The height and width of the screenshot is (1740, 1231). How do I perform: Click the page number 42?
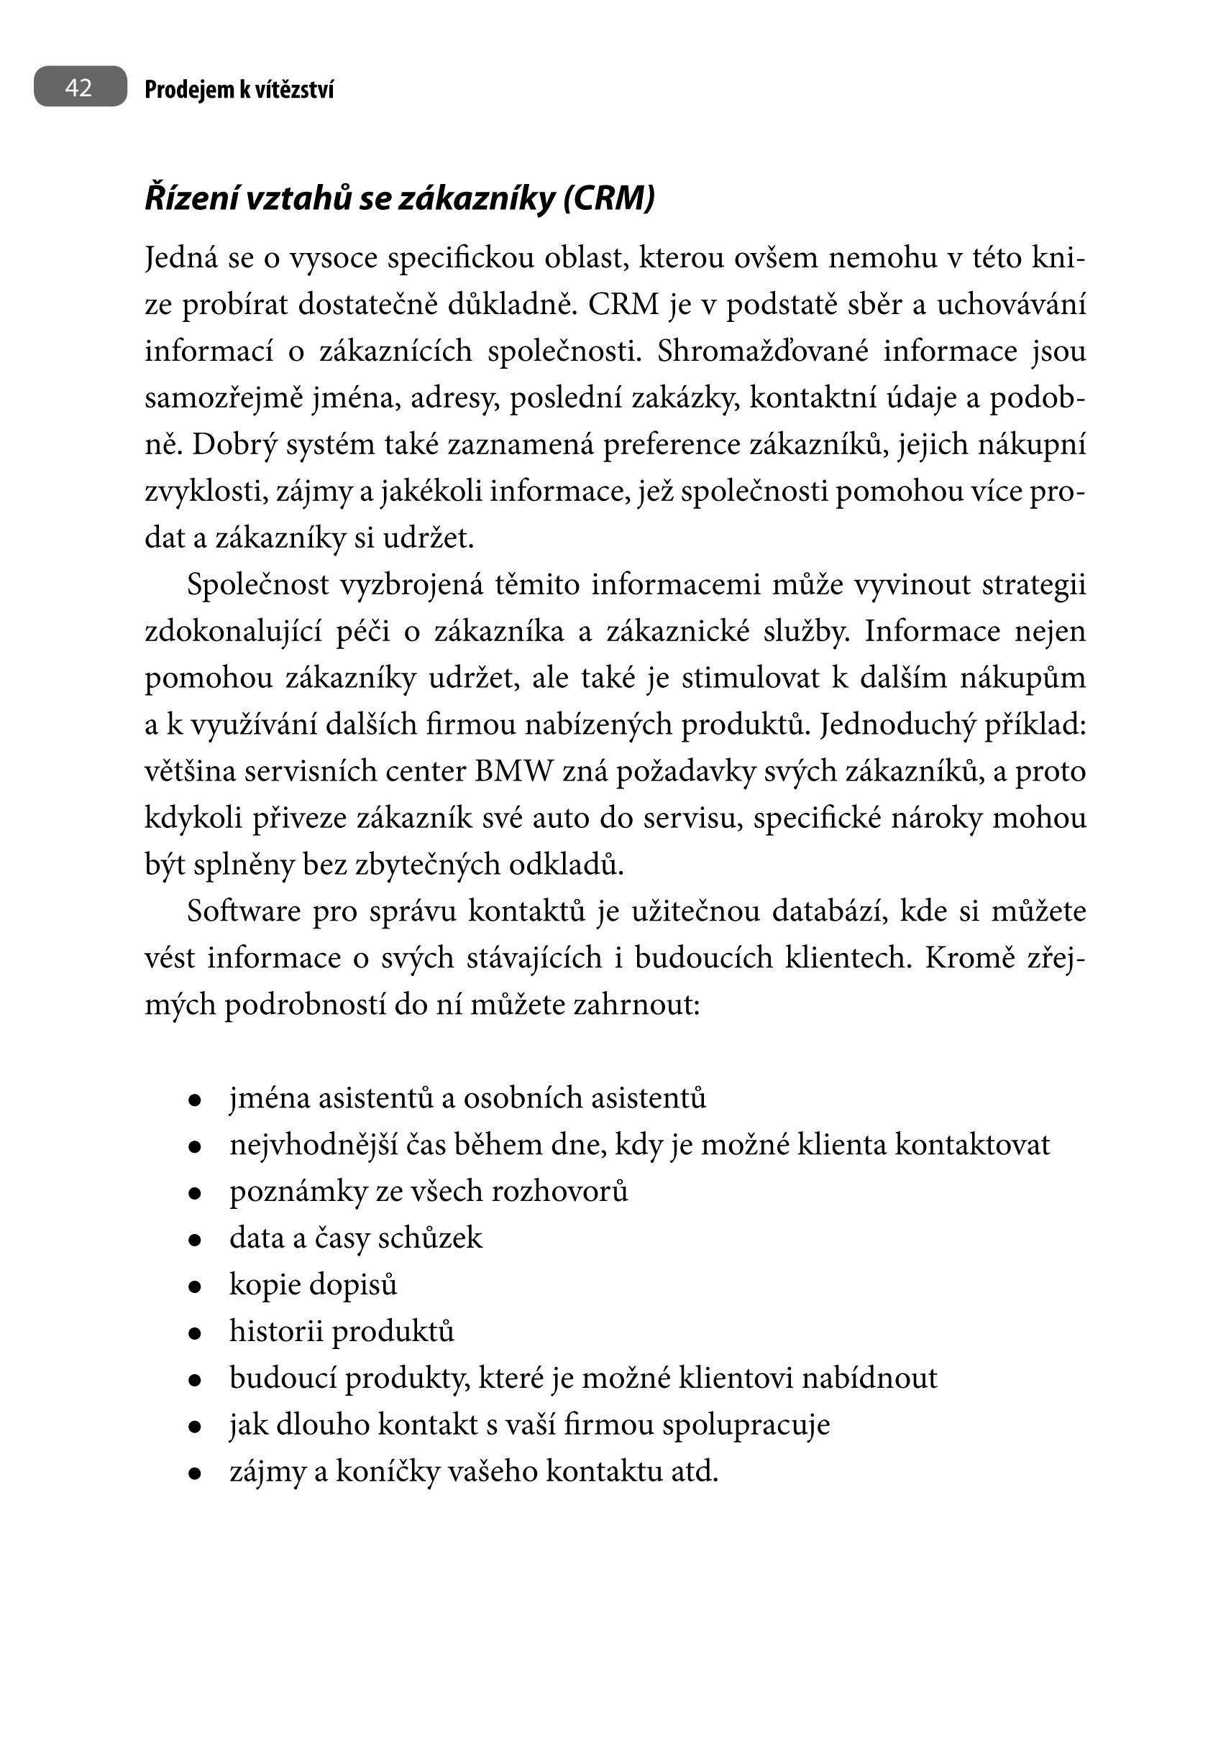(79, 87)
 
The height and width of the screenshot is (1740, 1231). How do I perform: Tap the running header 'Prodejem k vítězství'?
(239, 89)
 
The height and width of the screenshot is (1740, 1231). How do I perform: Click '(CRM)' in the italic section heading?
(610, 198)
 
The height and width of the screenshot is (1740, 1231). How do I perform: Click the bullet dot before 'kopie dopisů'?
(195, 1286)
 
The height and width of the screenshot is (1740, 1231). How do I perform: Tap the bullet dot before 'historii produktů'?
(195, 1333)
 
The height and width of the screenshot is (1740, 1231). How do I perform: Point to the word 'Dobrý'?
(224, 445)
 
